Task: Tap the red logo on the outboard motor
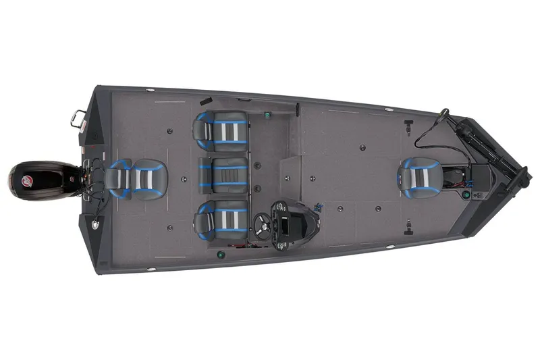27,180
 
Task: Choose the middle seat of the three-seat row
222,176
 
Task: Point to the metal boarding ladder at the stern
78,121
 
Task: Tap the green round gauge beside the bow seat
466,195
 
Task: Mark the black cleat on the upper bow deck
408,126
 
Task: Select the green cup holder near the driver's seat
221,255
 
